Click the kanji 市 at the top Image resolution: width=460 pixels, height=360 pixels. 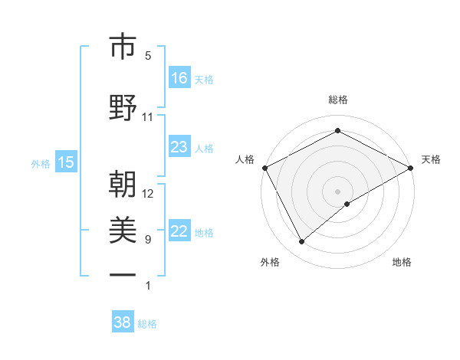pos(122,47)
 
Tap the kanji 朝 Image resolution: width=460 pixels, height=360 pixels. pos(122,185)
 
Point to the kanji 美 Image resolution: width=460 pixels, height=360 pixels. pos(122,230)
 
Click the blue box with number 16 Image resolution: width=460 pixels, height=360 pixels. pos(179,78)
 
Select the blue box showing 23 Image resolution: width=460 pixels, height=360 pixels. pos(179,147)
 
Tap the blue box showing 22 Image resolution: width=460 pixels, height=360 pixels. pos(179,231)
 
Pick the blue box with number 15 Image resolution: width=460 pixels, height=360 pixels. pos(66,162)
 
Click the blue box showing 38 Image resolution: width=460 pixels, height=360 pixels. pos(123,322)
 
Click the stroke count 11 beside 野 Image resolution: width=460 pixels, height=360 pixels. pos(148,117)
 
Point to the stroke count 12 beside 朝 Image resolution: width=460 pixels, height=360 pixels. pos(148,193)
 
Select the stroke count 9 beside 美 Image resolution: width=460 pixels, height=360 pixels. pos(148,240)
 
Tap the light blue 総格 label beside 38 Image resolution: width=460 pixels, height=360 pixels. pos(147,324)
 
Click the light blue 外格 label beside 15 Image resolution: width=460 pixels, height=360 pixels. pos(41,163)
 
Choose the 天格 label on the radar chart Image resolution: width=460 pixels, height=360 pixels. pos(431,159)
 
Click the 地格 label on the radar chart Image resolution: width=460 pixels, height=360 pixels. pos(402,262)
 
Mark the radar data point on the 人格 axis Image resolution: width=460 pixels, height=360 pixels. pos(264,167)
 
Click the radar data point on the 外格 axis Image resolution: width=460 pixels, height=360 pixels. pos(302,242)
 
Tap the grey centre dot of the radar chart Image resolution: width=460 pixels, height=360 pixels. pos(337,191)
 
